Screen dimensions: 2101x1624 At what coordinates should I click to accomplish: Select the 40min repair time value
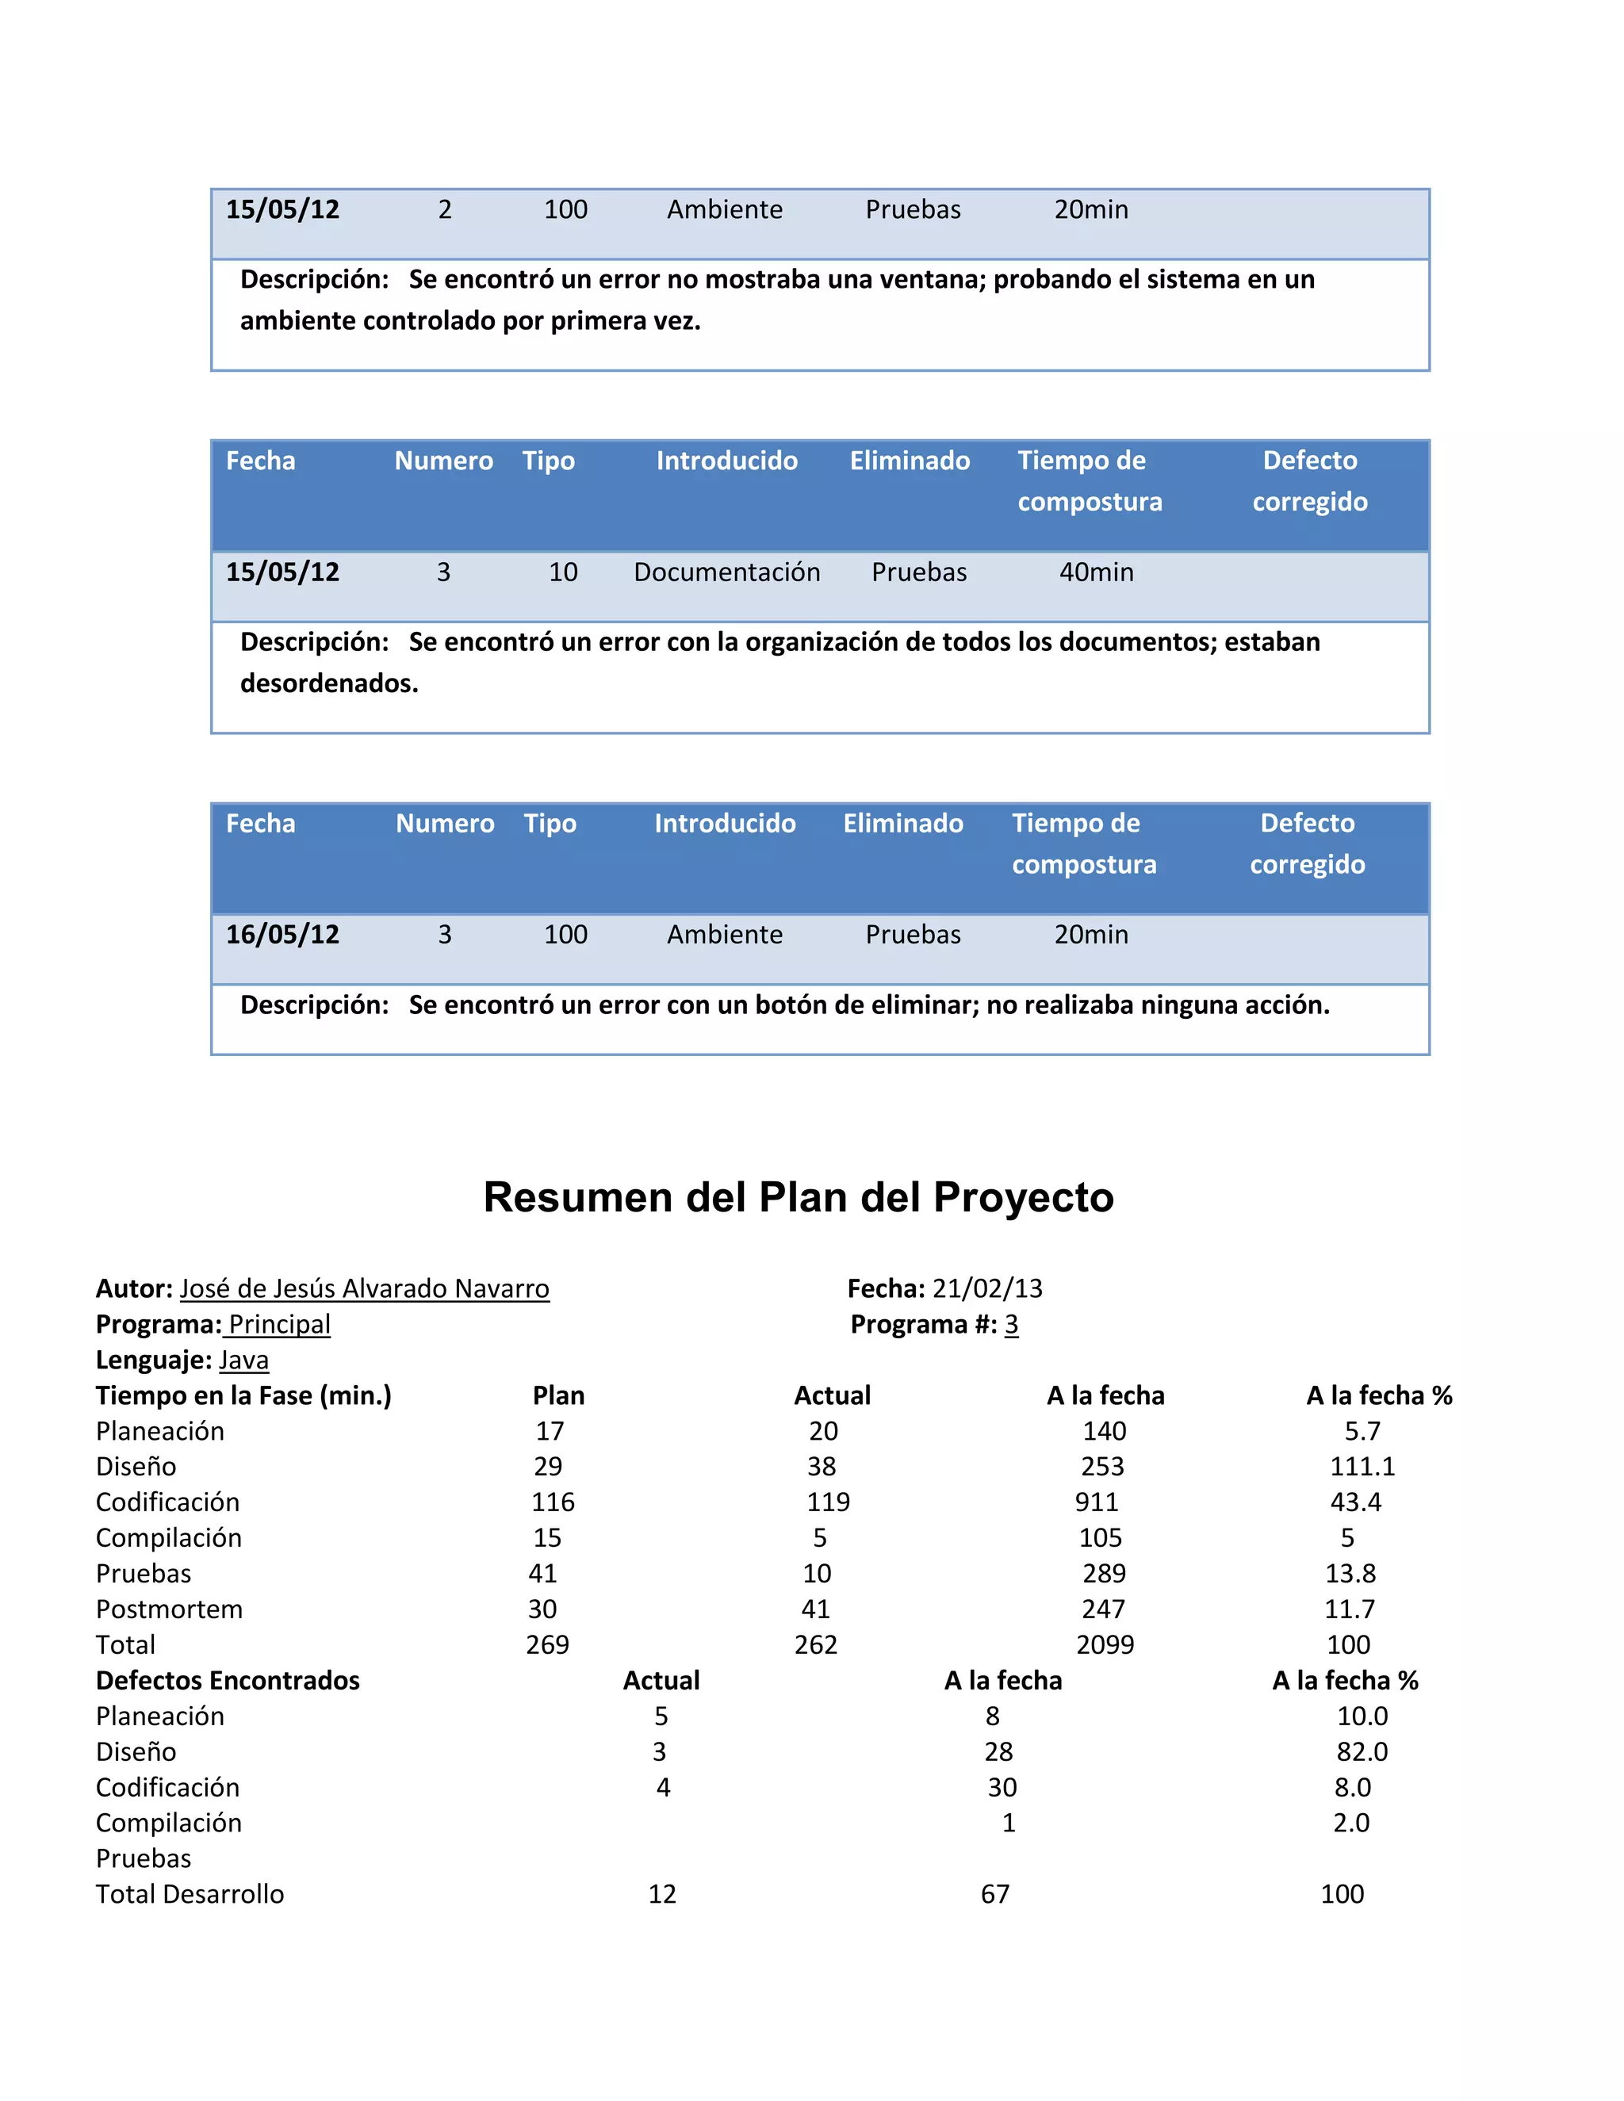(1096, 572)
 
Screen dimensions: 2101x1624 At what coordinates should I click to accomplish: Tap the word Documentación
(726, 572)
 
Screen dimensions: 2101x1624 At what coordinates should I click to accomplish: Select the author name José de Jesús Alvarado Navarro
(365, 1289)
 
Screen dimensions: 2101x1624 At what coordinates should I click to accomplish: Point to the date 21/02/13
(987, 1289)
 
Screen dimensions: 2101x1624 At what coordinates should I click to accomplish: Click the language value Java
(243, 1360)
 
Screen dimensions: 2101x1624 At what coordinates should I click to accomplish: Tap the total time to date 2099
(1105, 1645)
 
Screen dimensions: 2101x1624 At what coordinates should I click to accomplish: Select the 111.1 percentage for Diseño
(1362, 1467)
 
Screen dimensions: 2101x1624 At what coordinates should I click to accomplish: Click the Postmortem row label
(170, 1609)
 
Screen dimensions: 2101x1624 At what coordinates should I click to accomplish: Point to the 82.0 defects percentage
(1362, 1752)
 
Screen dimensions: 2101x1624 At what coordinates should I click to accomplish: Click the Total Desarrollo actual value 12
(662, 1894)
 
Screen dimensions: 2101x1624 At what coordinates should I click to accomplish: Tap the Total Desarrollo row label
(190, 1894)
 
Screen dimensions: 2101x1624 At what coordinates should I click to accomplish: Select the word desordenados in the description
(328, 684)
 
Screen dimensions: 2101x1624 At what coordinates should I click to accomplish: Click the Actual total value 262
(815, 1645)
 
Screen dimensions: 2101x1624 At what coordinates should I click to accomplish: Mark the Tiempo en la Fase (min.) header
(243, 1396)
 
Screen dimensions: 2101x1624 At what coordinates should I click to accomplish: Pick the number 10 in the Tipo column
(563, 572)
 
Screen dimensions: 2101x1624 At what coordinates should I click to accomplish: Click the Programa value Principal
(279, 1325)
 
